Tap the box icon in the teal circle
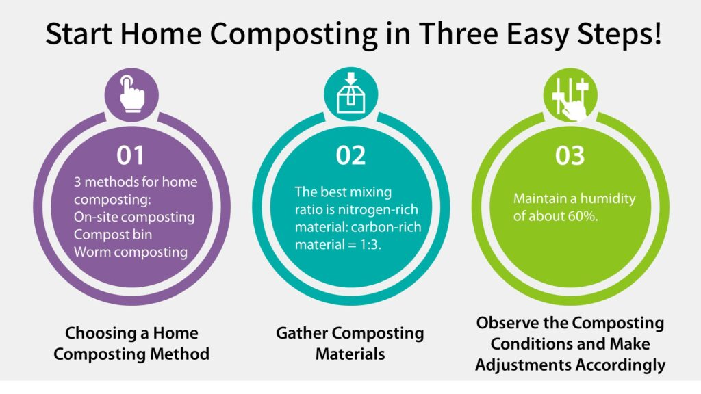point(351,93)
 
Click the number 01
point(131,155)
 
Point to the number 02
point(350,155)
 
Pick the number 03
point(570,155)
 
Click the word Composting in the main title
point(294,34)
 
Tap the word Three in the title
point(457,33)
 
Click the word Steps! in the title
point(619,34)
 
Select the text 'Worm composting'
point(131,252)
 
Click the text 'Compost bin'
point(113,235)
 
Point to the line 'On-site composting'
point(134,217)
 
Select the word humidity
point(608,199)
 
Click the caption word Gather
point(301,333)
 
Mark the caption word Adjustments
point(522,365)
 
